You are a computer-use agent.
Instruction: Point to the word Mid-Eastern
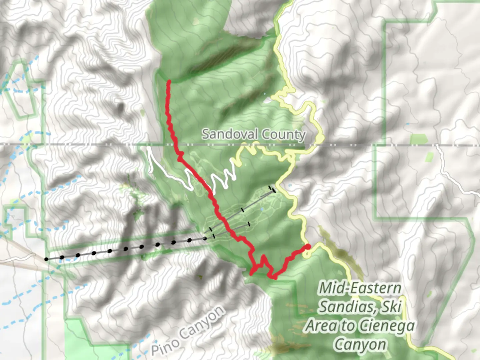pyautogui.click(x=360, y=288)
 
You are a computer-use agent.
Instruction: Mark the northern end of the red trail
pyautogui.click(x=169, y=81)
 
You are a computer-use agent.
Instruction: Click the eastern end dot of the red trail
pyautogui.click(x=308, y=246)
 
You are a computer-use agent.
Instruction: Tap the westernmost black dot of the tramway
pyautogui.click(x=46, y=259)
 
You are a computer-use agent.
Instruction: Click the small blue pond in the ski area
pyautogui.click(x=262, y=209)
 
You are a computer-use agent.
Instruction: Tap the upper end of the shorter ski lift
pyautogui.click(x=249, y=224)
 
